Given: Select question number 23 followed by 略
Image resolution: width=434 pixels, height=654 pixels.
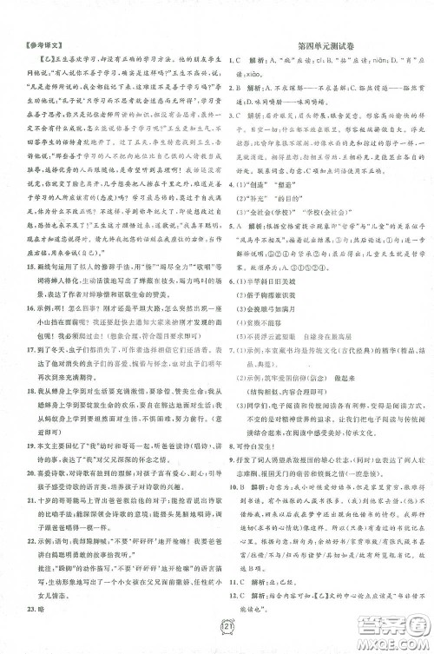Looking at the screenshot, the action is tap(23, 604).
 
